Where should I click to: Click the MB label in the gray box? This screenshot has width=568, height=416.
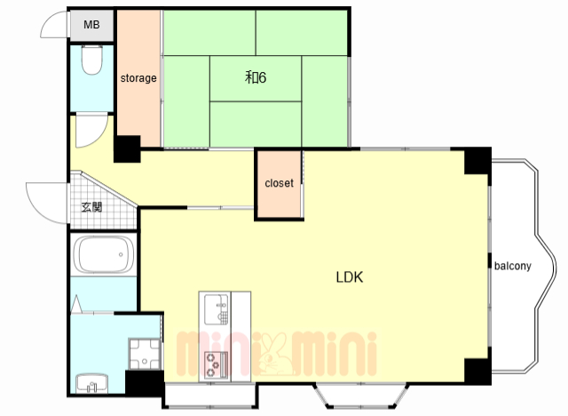click(91, 25)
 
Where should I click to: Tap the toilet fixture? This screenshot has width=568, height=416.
click(91, 60)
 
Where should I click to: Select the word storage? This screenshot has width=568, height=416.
click(138, 78)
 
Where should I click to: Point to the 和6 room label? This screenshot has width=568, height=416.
click(256, 77)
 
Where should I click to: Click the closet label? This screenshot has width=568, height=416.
click(279, 183)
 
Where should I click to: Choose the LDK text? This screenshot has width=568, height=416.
click(349, 277)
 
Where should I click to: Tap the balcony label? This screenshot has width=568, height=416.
click(513, 266)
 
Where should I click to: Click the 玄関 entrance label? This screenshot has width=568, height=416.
click(91, 207)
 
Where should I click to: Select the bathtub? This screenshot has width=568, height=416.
click(104, 254)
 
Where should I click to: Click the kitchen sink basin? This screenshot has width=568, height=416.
click(217, 309)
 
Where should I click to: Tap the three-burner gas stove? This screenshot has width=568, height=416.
click(216, 365)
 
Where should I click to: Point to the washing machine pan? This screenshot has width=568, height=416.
click(144, 354)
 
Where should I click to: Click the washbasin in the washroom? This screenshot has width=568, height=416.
click(92, 383)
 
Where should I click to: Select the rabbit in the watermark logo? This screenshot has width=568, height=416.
click(274, 354)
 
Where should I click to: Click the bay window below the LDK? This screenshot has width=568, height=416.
click(361, 395)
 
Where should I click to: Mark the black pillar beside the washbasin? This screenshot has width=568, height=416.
click(144, 383)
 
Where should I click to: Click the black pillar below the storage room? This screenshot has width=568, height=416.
click(127, 148)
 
